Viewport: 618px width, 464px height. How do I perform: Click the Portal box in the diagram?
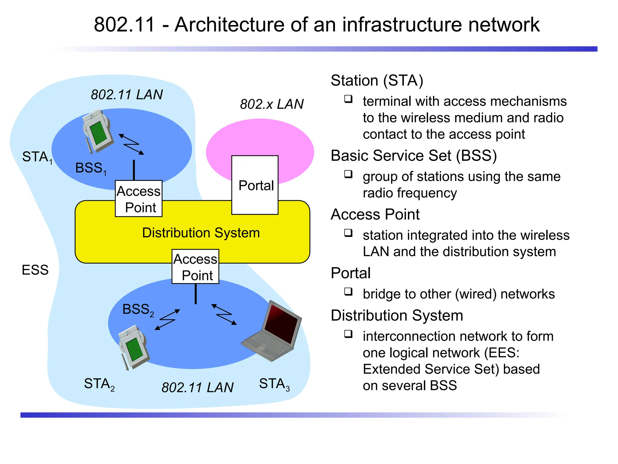255,185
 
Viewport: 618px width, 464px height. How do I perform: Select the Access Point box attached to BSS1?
139,199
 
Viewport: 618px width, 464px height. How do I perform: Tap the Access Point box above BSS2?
195,267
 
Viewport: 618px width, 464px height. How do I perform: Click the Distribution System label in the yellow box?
201,233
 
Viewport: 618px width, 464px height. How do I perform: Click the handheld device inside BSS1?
97,131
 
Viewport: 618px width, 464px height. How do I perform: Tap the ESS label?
35,270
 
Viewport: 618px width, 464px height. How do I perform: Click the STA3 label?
274,384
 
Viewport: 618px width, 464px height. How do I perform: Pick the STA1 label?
37,157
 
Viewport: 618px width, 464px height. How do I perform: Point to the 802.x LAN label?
272,104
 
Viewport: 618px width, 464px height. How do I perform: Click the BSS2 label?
138,310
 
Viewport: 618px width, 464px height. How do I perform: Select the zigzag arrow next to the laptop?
224,314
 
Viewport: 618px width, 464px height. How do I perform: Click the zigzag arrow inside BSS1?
131,144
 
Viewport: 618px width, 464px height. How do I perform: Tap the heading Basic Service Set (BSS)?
413,156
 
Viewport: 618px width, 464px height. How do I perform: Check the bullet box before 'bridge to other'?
348,292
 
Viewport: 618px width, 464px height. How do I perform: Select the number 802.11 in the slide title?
124,24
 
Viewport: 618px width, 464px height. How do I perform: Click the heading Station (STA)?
377,80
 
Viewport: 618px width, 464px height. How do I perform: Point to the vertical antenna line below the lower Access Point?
196,294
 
